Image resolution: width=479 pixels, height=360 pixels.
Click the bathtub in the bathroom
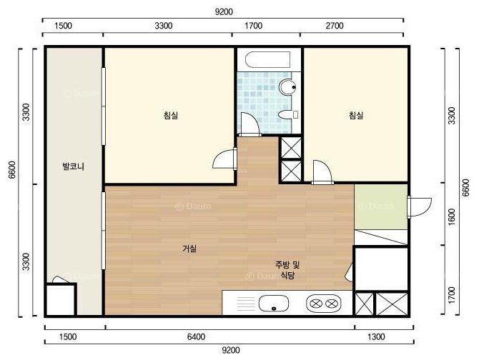click(x=268, y=60)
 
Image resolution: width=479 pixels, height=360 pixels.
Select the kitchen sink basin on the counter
click(x=273, y=304)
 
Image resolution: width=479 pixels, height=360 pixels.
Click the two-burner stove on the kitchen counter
click(x=324, y=304)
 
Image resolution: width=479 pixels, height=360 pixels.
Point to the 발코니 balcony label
click(x=74, y=166)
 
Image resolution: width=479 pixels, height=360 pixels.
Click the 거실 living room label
click(x=189, y=249)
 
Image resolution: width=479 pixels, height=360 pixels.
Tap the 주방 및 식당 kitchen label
click(x=287, y=270)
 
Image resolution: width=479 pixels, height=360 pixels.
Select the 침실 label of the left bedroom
click(x=171, y=115)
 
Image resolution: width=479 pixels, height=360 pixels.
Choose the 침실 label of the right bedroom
click(x=356, y=115)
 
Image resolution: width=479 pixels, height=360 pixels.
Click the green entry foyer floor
click(x=381, y=206)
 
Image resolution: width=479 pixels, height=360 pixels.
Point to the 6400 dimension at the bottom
click(x=196, y=337)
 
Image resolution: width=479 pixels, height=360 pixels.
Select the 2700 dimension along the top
click(x=335, y=26)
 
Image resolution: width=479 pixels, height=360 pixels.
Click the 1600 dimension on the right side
click(x=452, y=217)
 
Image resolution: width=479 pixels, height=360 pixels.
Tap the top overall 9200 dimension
click(x=224, y=12)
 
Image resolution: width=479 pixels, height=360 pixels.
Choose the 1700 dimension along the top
click(x=254, y=26)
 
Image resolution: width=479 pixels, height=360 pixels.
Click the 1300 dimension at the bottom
click(x=376, y=337)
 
